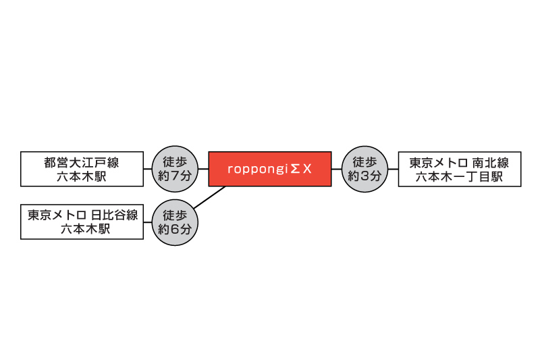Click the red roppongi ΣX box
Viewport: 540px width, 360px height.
point(270,169)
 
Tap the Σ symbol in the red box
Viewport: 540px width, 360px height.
point(295,169)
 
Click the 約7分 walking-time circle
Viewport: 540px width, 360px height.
point(175,169)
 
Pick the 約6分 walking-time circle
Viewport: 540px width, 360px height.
point(175,222)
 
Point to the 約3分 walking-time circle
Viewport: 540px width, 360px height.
point(364,169)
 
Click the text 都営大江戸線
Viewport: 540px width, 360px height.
point(82,162)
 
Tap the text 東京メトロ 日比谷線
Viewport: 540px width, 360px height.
point(82,215)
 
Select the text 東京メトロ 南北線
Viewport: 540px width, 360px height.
point(460,163)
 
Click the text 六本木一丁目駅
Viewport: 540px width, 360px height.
point(460,177)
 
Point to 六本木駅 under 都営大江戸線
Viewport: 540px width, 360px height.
point(82,176)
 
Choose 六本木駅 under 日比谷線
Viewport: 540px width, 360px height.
point(86,229)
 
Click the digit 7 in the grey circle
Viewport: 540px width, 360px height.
point(175,176)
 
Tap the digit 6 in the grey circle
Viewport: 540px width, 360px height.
point(175,230)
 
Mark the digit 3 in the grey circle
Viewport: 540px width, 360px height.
point(364,176)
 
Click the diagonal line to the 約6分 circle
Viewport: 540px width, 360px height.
point(209,197)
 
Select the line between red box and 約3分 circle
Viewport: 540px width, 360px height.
point(337,169)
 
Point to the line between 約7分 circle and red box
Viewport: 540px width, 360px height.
point(203,169)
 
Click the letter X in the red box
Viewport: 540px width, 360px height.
point(307,169)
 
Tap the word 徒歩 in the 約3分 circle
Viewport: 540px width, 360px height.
point(364,161)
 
